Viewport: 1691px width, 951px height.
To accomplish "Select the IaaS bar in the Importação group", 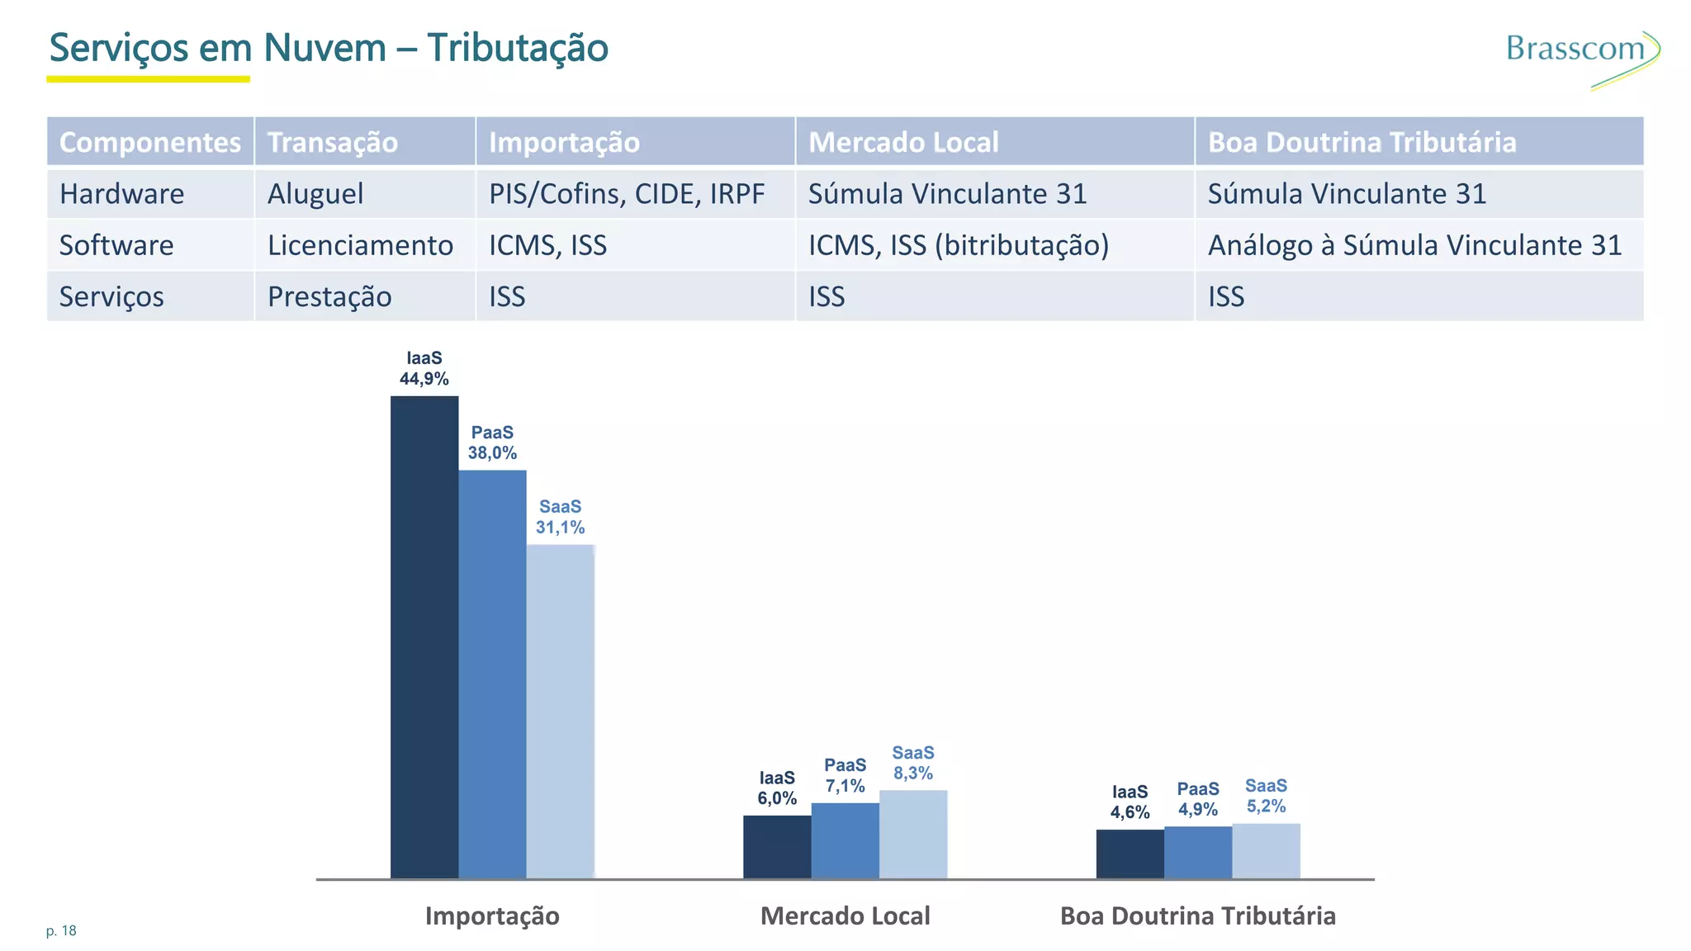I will pos(424,636).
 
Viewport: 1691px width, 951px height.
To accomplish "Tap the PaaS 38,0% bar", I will pos(492,673).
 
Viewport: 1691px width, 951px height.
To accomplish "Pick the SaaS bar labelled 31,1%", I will pos(560,710).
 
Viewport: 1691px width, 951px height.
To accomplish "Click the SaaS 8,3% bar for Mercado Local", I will pos(912,834).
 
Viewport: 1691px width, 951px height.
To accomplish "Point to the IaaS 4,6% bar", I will pos(1130,854).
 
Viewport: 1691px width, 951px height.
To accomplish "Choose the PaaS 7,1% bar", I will pos(845,840).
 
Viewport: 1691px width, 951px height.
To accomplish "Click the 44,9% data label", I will pos(424,379).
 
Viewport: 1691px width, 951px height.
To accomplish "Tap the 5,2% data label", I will pos(1266,806).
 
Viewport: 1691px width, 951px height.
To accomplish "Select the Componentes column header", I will pos(150,142).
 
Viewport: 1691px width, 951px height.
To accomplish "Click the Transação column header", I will pos(333,142).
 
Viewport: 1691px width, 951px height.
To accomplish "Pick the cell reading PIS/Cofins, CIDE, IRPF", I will pos(627,194).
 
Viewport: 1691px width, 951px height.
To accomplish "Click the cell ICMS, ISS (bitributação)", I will pos(958,245).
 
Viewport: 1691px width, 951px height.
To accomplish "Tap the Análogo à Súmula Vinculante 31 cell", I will pos(1414,245).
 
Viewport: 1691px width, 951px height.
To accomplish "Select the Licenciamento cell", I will pos(360,245).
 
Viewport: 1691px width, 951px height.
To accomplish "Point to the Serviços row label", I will pos(111,296).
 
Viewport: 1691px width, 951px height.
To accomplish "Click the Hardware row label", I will pos(122,194).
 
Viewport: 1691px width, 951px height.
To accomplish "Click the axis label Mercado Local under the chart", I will pos(845,916).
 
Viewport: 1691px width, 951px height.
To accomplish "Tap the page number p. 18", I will pos(61,931).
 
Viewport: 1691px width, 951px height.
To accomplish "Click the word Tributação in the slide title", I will pos(518,48).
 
